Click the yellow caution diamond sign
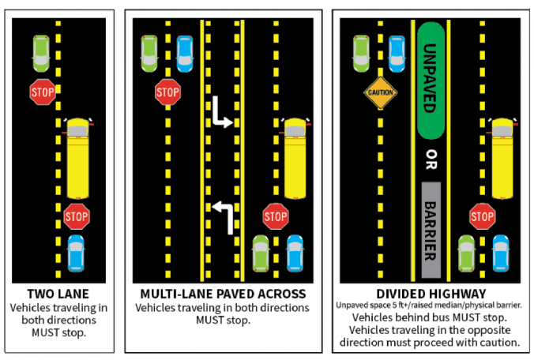379,92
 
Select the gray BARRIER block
431,229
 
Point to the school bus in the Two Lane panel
77,158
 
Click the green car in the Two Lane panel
41,51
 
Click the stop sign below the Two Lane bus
76,213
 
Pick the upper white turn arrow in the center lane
220,114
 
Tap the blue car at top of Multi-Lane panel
185,51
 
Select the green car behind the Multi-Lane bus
260,253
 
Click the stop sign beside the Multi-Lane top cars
167,93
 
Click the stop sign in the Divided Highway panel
482,215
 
